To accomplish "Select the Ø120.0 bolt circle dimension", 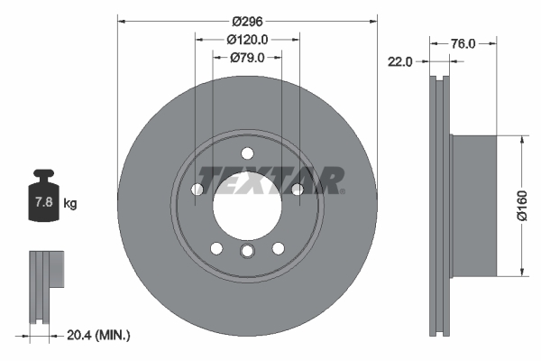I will pyautogui.click(x=246, y=40).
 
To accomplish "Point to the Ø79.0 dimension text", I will pyautogui.click(x=246, y=58).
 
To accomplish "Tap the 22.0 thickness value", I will pyautogui.click(x=400, y=61).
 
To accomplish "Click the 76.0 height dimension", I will pyautogui.click(x=463, y=42).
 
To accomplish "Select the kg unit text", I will pyautogui.click(x=69, y=204).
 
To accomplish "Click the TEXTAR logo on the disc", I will pyautogui.click(x=270, y=180).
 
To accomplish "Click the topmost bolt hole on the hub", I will pyautogui.click(x=246, y=152).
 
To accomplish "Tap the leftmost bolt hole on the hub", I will pyautogui.click(x=197, y=189).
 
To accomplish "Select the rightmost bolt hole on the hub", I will pyautogui.click(x=296, y=189).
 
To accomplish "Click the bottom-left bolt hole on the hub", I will pyautogui.click(x=215, y=247).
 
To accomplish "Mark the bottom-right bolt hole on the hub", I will pyautogui.click(x=278, y=247).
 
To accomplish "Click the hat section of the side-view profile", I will pyautogui.click(x=472, y=206).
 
